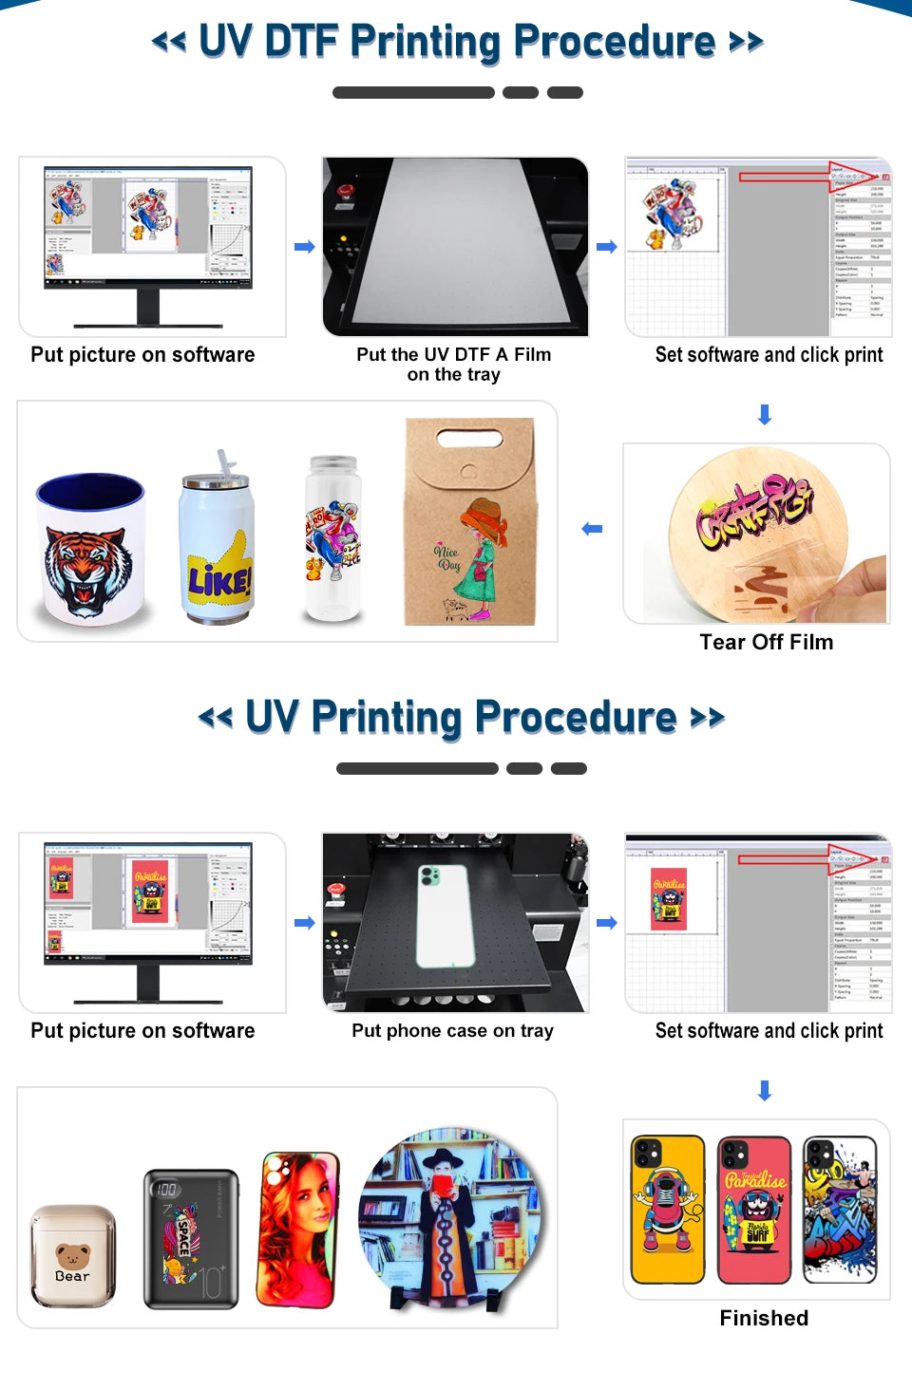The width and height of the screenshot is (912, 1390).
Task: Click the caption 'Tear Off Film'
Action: [x=766, y=643]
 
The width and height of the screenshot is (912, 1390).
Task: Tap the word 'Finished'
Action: [x=764, y=1318]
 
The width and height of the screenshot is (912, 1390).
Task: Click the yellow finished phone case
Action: [x=668, y=1209]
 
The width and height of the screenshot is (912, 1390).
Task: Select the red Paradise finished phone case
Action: [x=754, y=1209]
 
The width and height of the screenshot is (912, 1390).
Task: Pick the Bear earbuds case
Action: [x=73, y=1255]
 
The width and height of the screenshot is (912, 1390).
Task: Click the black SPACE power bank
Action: [x=190, y=1238]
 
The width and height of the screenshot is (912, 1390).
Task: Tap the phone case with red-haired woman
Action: [x=298, y=1230]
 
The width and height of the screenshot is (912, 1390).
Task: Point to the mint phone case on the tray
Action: [x=446, y=914]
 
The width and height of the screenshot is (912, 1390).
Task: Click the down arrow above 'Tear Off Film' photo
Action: [x=765, y=415]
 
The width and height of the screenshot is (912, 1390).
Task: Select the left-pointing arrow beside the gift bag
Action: [x=592, y=529]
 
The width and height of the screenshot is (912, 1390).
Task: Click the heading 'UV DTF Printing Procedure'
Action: [x=457, y=42]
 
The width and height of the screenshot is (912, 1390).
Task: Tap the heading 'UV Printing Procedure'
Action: [x=461, y=718]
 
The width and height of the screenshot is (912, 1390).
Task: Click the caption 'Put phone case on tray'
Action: [x=452, y=1031]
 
